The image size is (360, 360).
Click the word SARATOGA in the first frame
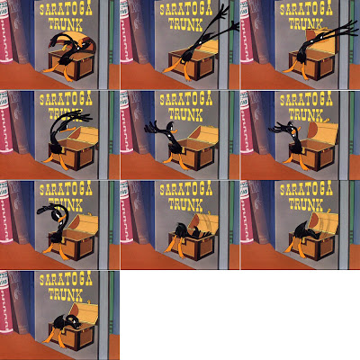(66, 10)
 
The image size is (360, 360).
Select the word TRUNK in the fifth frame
(185, 114)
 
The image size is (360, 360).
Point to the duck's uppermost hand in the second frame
(223, 10)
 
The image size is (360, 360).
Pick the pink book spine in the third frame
(246, 33)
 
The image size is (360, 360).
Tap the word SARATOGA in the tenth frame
(66, 280)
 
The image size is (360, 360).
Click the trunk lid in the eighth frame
(205, 222)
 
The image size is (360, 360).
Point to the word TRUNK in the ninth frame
(306, 204)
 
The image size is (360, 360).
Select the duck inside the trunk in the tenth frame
(67, 326)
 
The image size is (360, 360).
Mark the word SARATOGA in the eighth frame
(186, 190)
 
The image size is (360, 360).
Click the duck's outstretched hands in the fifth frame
(152, 128)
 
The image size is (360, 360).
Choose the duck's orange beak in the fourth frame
(66, 129)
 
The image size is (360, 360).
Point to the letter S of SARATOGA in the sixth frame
(283, 101)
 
